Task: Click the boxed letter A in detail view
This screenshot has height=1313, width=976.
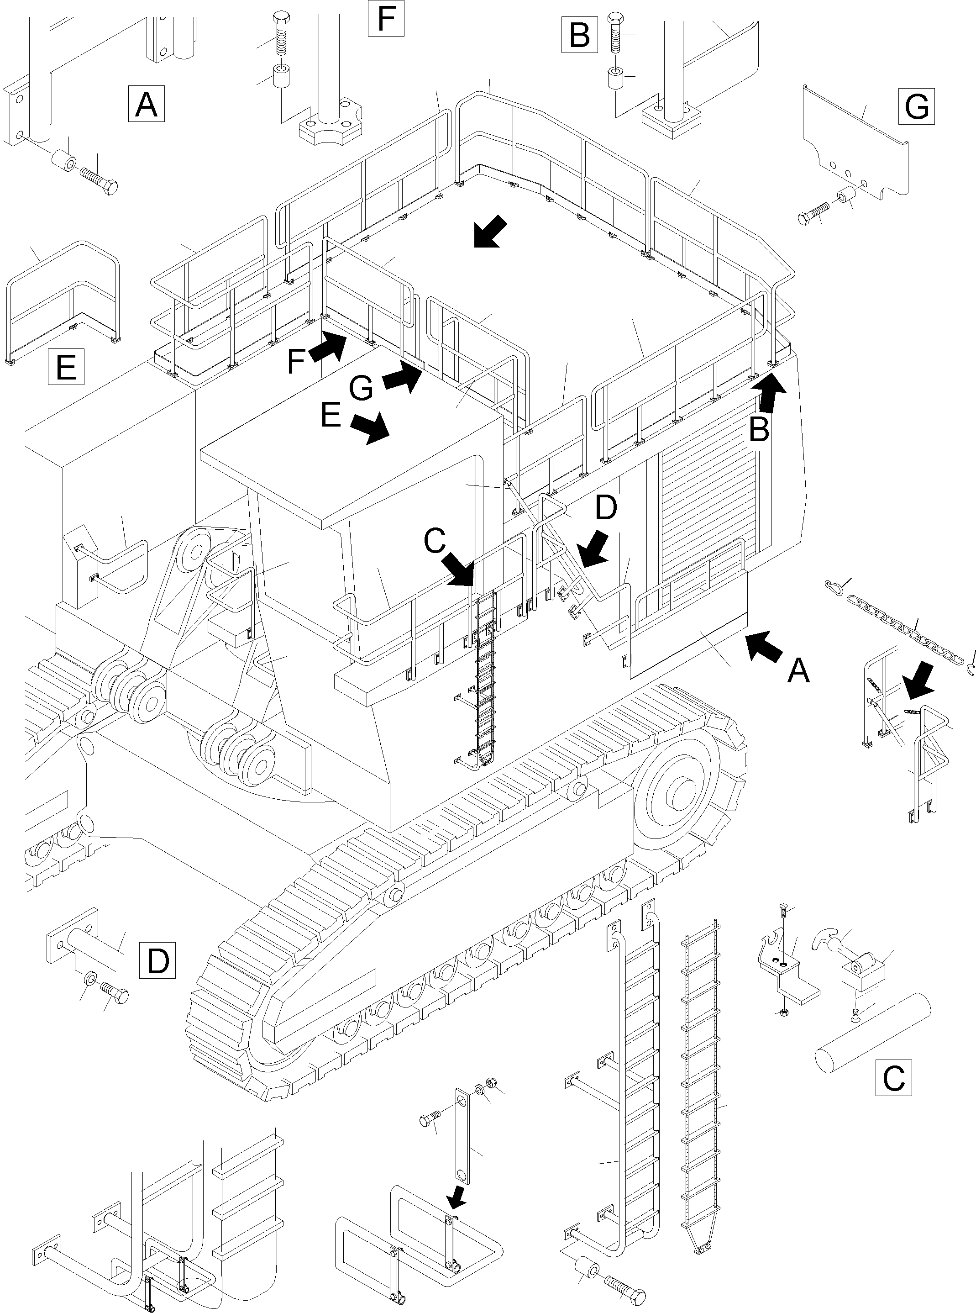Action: click(x=146, y=104)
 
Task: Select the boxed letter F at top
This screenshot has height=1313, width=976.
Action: click(x=386, y=18)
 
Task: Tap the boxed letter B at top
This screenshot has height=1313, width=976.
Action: click(x=579, y=36)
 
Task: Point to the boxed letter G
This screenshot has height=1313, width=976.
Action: click(x=916, y=106)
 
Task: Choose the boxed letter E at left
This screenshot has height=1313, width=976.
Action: click(x=66, y=366)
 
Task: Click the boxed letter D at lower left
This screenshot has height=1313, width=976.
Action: click(x=157, y=961)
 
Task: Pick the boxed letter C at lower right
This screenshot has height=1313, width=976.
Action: click(x=893, y=1078)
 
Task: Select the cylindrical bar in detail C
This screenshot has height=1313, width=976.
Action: click(x=873, y=1034)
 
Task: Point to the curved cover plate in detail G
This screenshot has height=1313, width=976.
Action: click(x=857, y=142)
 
